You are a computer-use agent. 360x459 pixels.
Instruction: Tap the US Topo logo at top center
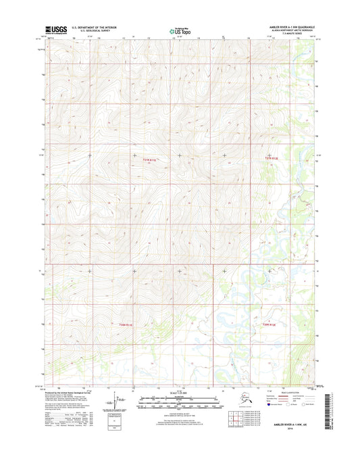point(180,30)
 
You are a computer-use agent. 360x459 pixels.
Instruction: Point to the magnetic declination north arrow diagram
point(119,400)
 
